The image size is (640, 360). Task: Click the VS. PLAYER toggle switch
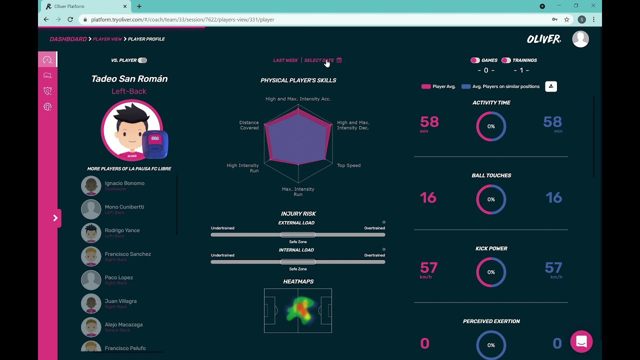coord(142,60)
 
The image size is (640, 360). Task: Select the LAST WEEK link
coord(285,60)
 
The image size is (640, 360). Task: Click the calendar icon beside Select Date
coord(339,60)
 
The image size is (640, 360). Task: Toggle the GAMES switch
coord(475,60)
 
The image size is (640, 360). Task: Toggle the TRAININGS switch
coord(506,60)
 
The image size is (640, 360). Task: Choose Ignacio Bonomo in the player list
coord(124,183)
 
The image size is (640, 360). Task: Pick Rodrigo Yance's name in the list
coord(122,230)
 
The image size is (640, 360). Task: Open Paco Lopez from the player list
coord(118,277)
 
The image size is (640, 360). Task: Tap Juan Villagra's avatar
coord(91,303)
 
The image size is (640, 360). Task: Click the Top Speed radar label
coord(348,165)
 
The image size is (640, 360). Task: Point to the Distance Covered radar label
coord(249,125)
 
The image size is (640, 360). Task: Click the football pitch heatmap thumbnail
coord(298,310)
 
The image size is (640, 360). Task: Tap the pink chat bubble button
coord(581,341)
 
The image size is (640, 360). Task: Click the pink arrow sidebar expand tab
coord(55,218)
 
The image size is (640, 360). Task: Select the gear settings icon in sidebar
coord(47,107)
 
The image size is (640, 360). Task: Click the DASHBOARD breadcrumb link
coord(68,39)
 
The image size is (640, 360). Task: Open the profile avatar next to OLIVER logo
coord(580,39)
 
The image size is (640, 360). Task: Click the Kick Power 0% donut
coord(491,272)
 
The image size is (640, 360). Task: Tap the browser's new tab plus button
coord(139,6)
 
